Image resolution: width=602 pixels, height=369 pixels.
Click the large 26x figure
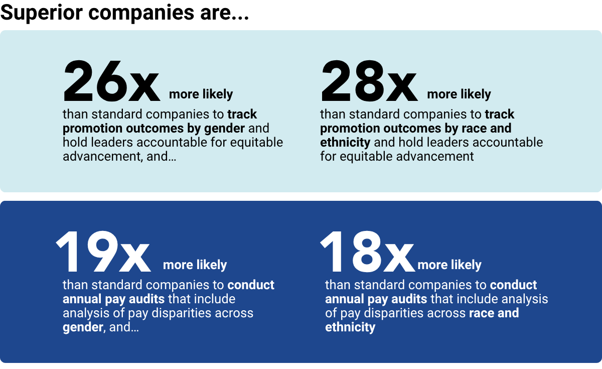coord(111,81)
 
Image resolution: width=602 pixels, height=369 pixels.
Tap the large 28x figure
coord(369,81)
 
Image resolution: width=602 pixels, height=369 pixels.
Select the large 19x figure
coord(103,252)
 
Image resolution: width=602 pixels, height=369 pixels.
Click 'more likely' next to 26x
coord(201,94)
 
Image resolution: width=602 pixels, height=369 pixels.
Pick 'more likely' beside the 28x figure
coord(459,94)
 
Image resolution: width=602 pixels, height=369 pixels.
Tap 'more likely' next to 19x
coord(195,265)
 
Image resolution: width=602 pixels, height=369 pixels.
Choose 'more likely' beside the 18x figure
coord(449,265)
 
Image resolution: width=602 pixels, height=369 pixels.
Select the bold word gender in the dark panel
coord(81,328)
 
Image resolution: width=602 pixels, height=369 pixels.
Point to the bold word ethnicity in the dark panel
coord(350,328)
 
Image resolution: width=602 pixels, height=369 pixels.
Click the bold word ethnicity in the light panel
coord(345,143)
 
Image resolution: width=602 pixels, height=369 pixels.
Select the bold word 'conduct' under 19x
coord(251,285)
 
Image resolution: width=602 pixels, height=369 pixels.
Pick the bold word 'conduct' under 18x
coord(513,285)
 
